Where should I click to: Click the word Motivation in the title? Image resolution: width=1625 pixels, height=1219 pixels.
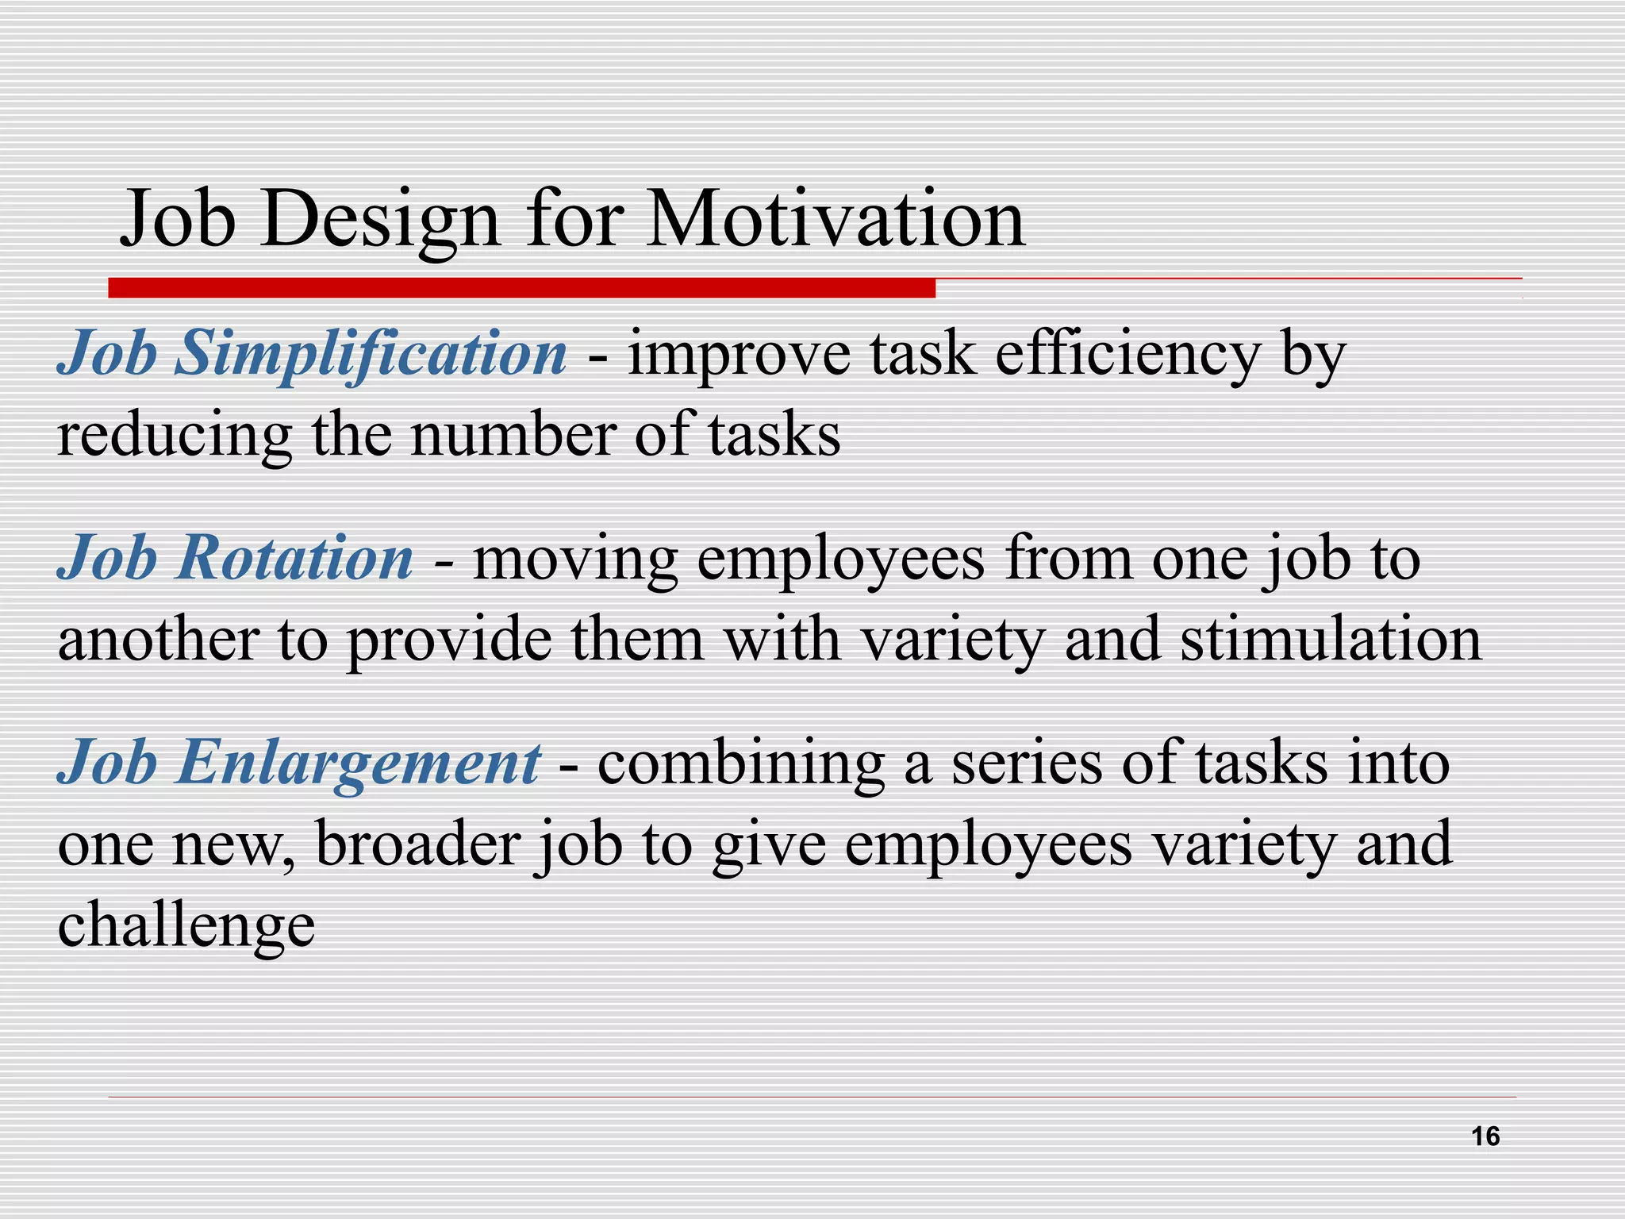836,220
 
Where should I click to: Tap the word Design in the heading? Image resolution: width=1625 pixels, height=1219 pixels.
386,220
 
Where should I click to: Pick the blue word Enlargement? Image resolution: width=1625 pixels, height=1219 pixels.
358,763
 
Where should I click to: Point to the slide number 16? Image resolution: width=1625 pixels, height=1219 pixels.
1485,1136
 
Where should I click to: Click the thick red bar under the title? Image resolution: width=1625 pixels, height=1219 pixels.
521,288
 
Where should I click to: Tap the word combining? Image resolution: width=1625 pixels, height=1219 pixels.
740,764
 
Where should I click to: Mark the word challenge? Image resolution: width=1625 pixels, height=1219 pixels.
186,927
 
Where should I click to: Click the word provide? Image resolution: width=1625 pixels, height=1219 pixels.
449,641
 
